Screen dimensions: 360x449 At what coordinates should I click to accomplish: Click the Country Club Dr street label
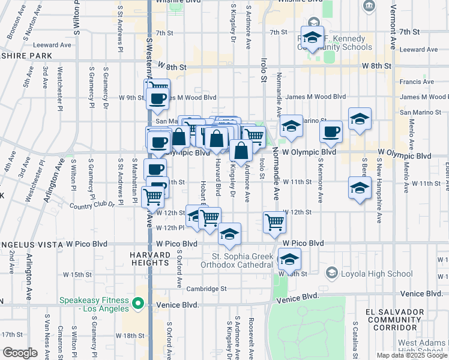(x=93, y=206)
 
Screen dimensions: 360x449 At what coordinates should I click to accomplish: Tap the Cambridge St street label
(x=206, y=288)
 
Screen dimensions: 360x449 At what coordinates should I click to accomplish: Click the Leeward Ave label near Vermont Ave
(x=418, y=50)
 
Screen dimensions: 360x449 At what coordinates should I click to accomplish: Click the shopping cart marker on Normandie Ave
(x=274, y=222)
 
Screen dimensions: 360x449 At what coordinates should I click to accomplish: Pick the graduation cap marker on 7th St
(x=312, y=37)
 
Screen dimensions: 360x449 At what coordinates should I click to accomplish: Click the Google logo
(x=20, y=353)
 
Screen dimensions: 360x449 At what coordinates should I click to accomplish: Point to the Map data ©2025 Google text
(x=411, y=355)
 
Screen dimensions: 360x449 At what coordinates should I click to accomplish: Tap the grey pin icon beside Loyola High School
(x=331, y=274)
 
